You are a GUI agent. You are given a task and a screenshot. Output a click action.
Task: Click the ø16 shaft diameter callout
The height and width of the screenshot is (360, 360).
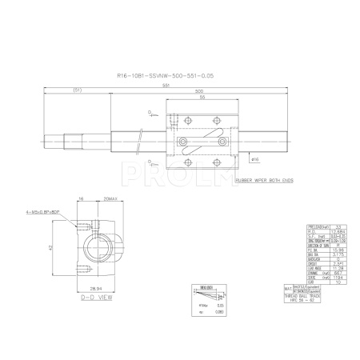(254, 160)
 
